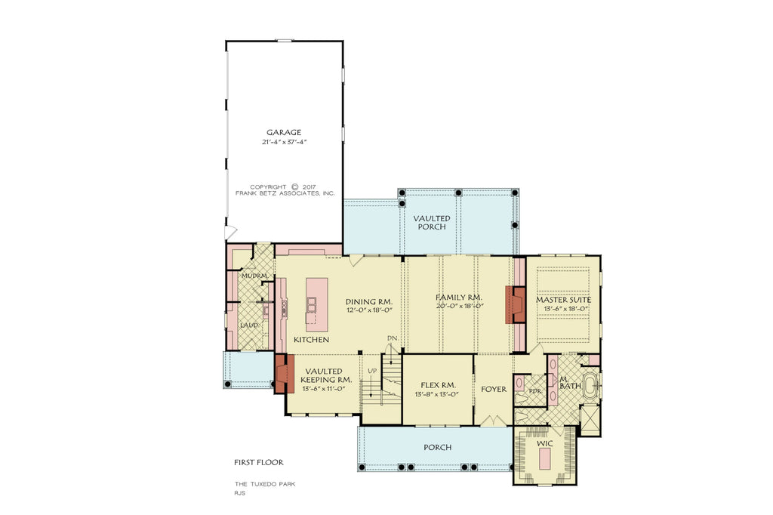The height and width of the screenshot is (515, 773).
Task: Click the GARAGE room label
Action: [283, 132]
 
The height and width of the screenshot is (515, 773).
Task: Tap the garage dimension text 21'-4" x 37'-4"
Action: [283, 142]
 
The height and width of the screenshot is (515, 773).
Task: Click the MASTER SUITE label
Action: [563, 300]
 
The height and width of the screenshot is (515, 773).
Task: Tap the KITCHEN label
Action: [311, 341]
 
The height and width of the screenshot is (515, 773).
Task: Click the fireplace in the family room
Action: [516, 304]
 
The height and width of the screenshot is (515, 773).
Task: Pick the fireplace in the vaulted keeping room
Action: [284, 374]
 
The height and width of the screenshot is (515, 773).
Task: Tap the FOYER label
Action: [494, 390]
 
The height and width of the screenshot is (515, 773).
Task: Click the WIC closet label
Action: [544, 444]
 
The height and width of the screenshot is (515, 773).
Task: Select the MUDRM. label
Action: [253, 276]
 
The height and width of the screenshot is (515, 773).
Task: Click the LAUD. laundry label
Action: [248, 325]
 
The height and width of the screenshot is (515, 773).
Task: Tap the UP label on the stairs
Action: [372, 371]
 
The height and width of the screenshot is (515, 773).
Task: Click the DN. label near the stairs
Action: [392, 338]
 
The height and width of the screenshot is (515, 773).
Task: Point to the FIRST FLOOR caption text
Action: [258, 461]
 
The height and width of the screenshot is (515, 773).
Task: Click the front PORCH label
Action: [437, 447]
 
